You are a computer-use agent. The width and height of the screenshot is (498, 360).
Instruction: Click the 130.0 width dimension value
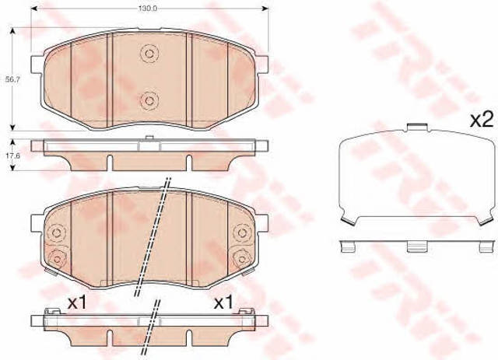(x=148, y=9)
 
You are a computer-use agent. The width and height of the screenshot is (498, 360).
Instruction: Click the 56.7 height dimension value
(x=13, y=80)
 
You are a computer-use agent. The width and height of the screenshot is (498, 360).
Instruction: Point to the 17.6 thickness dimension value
(x=13, y=156)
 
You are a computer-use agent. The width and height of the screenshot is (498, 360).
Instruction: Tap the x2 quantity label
(x=482, y=120)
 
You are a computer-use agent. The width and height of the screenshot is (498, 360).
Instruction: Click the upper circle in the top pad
(x=149, y=54)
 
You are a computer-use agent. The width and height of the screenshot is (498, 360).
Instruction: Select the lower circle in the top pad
(x=149, y=100)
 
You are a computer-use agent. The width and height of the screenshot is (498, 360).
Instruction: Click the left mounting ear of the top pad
(x=37, y=65)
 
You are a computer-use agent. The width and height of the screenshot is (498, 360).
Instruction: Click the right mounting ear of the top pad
(x=262, y=65)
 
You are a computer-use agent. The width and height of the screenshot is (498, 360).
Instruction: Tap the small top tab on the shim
(x=417, y=127)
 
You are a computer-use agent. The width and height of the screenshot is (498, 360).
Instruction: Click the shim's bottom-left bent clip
(x=348, y=221)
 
